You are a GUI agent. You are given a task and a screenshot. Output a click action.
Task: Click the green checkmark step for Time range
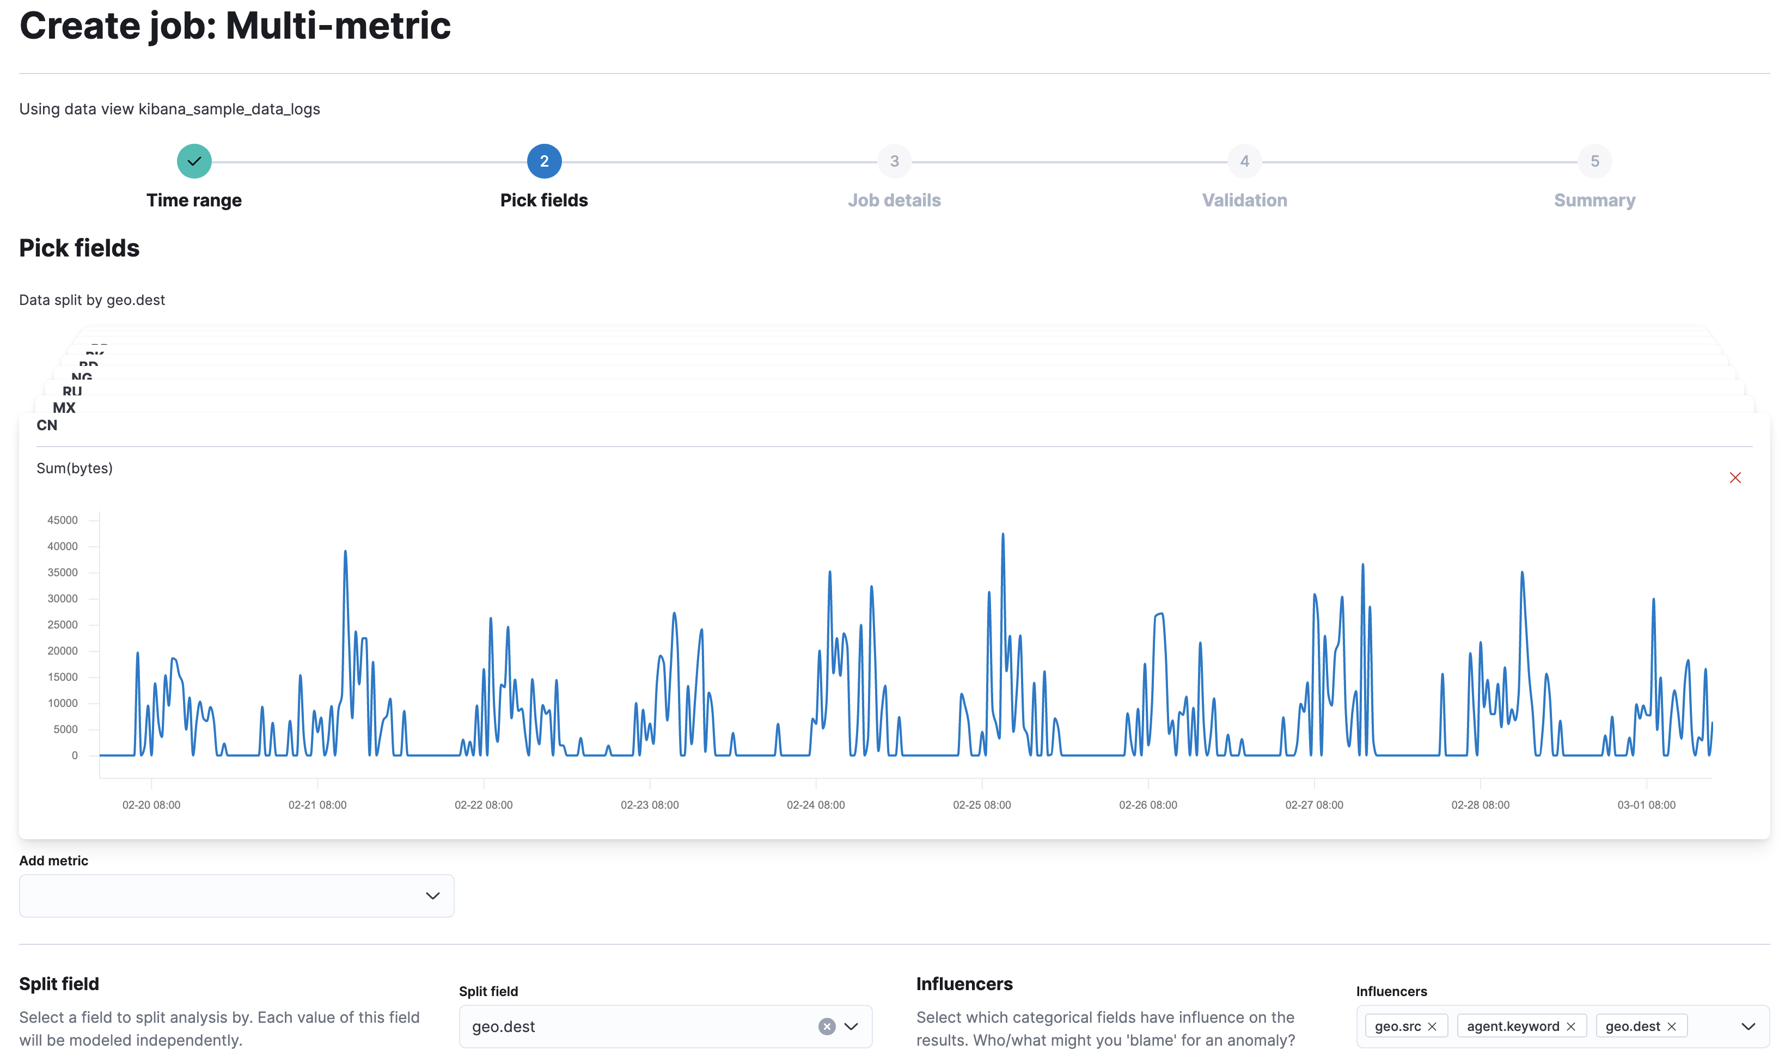click(194, 161)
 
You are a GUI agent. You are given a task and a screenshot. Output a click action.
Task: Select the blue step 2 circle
click(543, 161)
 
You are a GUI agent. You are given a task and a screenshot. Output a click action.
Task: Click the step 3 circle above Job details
click(894, 161)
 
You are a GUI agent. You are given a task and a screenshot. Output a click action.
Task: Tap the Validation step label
click(1244, 200)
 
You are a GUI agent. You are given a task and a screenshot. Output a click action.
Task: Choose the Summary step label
click(1594, 200)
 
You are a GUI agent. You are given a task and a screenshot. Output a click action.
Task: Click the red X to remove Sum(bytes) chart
click(1734, 478)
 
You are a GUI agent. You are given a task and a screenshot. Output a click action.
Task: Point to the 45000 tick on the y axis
click(63, 521)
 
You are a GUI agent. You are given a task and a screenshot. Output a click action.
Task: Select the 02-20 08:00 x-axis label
click(151, 805)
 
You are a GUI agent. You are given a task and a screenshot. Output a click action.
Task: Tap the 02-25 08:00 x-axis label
click(981, 805)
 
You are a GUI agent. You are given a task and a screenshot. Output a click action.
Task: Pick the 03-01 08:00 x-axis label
click(1646, 805)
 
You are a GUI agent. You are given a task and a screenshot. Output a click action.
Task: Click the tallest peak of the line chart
click(1003, 535)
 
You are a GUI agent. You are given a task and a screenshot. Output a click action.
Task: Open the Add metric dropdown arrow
click(432, 896)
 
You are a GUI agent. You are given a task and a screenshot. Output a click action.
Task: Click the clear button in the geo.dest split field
click(826, 1027)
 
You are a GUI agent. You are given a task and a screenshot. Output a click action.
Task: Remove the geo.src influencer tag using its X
click(1432, 1027)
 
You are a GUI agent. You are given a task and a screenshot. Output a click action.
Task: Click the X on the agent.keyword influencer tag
click(1570, 1027)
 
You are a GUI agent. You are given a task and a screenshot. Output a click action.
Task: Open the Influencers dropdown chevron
click(1747, 1027)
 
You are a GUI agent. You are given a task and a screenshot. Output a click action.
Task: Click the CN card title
click(47, 425)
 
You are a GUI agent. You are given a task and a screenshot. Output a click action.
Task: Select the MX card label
click(64, 408)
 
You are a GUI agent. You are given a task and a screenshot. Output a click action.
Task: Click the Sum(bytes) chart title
click(75, 468)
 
